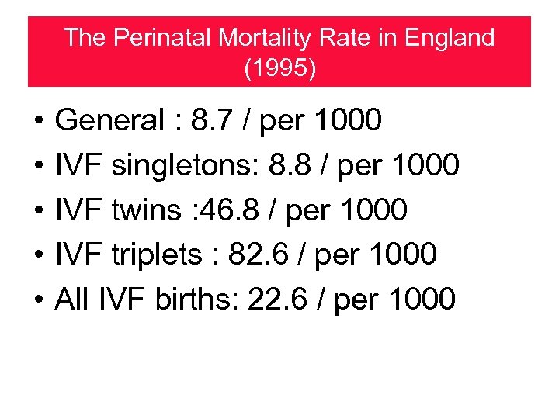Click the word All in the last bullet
click(72, 297)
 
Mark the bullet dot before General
click(37, 122)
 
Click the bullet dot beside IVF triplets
click(37, 254)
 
